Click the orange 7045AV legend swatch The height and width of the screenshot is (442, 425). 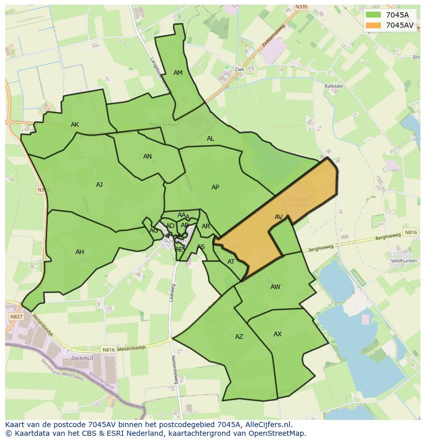373,25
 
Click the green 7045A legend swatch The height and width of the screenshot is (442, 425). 373,15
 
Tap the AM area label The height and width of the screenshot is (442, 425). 178,73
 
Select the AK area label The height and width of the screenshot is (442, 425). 75,125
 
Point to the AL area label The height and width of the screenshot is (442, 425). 210,139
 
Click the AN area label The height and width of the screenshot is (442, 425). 147,157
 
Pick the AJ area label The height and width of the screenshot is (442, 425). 100,185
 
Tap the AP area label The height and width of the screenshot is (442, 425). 215,187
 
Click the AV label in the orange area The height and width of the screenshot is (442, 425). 278,217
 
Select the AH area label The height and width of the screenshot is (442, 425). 80,252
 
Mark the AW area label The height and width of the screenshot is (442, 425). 275,287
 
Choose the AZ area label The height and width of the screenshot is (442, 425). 239,337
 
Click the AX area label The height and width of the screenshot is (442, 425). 277,334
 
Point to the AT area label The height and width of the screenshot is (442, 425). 231,262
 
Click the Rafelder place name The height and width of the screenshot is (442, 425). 334,86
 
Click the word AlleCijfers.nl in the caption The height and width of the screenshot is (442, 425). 268,425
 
